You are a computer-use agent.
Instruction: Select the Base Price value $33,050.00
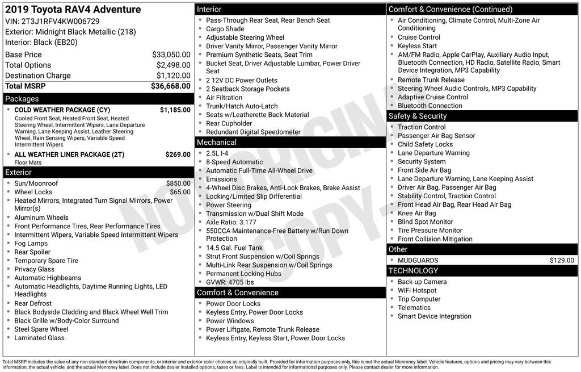coord(171,55)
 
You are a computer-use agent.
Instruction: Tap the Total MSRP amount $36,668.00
coord(170,86)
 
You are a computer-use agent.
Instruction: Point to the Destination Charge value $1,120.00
coord(173,76)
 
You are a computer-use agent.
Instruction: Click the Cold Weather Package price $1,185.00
coord(175,110)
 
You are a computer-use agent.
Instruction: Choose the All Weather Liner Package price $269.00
coord(178,154)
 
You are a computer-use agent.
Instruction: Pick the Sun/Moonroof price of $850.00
coord(178,183)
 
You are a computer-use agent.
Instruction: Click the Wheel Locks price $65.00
coord(180,192)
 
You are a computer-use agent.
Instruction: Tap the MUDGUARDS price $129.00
coord(562,260)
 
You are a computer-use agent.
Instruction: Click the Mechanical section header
coord(216,142)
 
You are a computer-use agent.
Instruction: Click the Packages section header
coord(22,99)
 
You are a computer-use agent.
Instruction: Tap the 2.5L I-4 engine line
coord(217,153)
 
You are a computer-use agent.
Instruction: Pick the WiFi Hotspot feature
coord(417,290)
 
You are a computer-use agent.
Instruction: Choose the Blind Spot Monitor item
coord(426,221)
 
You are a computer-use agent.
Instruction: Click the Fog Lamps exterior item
coord(31,243)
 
